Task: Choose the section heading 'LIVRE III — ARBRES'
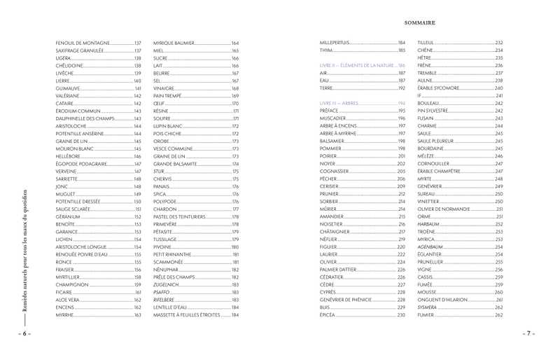339,103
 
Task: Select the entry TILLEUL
426,43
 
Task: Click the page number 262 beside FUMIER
498,315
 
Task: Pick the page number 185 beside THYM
401,50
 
